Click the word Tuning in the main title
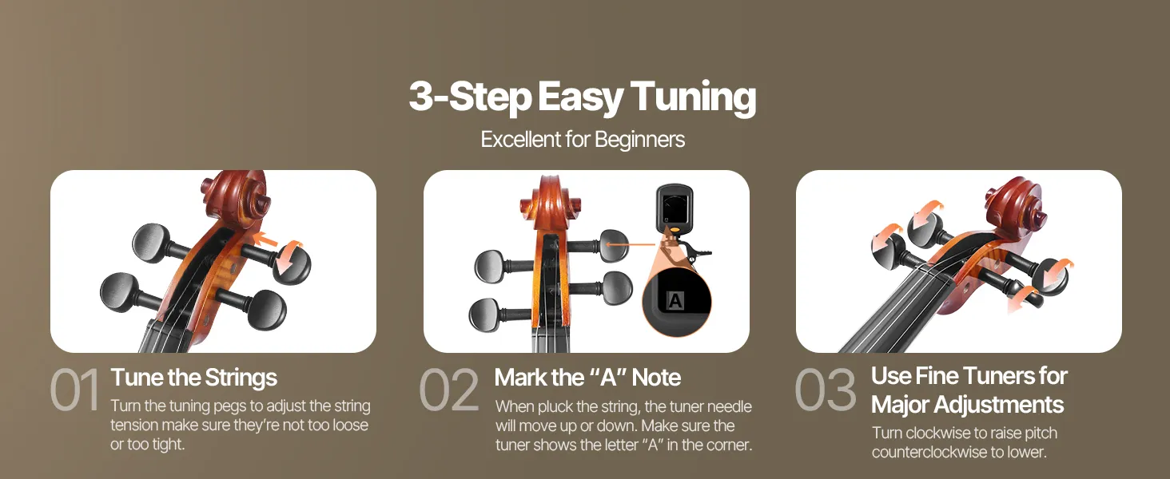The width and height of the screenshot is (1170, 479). (x=693, y=97)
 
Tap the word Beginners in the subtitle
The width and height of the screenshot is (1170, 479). (x=639, y=140)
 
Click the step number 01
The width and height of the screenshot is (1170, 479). (x=74, y=390)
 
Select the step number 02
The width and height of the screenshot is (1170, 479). (x=449, y=390)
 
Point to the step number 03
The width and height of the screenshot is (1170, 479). (x=826, y=390)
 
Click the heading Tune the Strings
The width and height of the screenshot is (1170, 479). (x=193, y=378)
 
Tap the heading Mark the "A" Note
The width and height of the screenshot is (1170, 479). (x=587, y=378)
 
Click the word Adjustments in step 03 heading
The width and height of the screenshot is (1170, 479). (x=990, y=405)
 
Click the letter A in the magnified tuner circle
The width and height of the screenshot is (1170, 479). (x=675, y=300)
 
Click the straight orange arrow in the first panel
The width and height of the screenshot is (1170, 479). (x=266, y=240)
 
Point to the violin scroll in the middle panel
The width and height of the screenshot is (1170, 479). (x=548, y=201)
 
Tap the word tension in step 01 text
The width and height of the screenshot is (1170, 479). (x=135, y=426)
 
